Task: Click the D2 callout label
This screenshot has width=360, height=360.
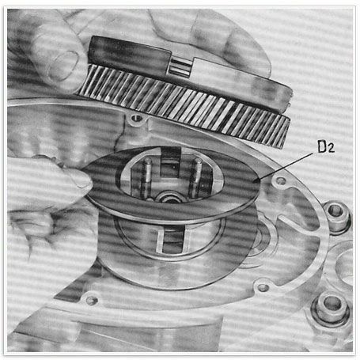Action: click(326, 147)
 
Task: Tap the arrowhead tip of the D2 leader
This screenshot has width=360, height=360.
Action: click(252, 182)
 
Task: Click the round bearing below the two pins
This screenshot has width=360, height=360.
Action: click(171, 199)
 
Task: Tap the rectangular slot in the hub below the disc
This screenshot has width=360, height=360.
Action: click(172, 241)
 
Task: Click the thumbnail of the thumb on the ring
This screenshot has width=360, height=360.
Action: click(63, 66)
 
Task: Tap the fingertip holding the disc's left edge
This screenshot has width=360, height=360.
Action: click(79, 180)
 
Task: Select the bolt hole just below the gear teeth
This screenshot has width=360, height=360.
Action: click(136, 118)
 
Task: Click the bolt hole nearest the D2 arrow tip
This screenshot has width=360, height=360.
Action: click(280, 181)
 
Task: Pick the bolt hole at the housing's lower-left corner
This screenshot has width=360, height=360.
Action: click(91, 300)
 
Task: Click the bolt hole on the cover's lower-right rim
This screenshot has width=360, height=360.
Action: click(263, 287)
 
